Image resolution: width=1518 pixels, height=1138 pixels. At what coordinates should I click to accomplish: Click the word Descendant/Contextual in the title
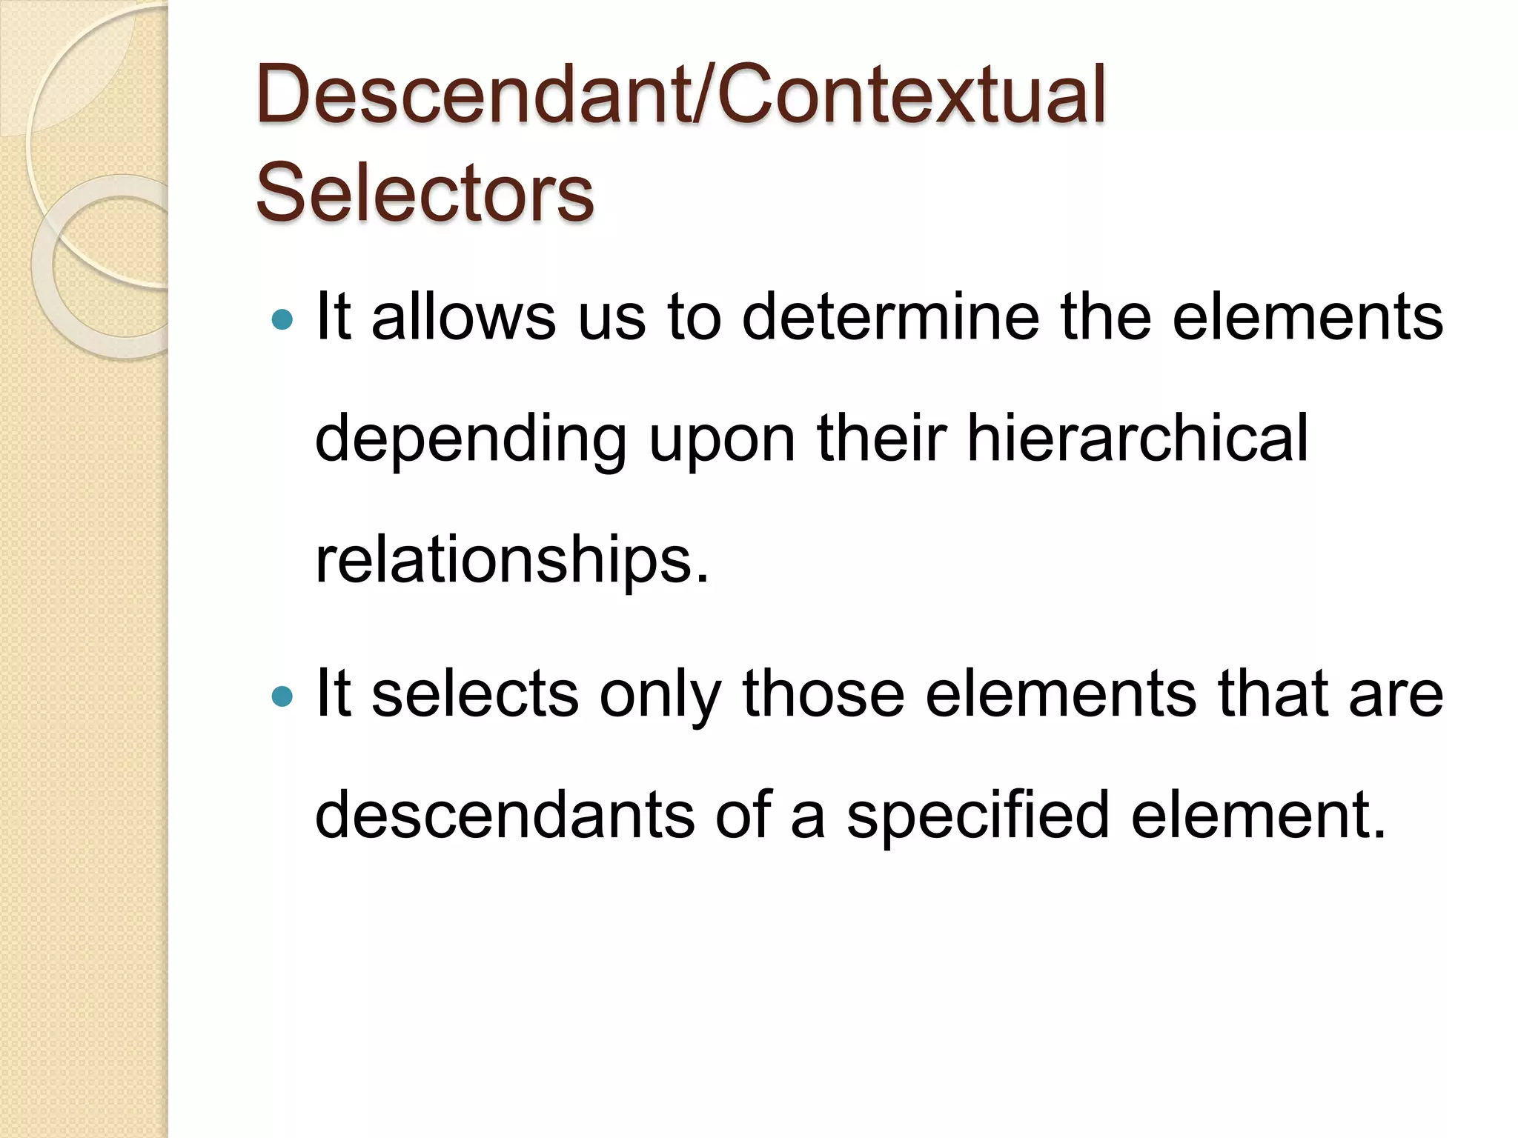pos(680,95)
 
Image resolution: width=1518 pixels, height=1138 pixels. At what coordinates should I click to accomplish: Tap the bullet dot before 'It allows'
pos(282,320)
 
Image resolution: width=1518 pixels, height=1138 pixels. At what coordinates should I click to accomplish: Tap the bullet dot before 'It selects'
pos(282,696)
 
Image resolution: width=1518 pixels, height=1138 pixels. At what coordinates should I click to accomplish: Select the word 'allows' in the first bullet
pos(463,317)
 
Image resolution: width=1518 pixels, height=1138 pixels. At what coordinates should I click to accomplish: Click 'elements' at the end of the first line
pos(1307,317)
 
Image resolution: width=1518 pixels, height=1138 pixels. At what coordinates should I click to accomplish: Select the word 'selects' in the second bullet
pos(474,694)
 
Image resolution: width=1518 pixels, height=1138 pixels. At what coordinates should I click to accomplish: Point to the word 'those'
pos(823,694)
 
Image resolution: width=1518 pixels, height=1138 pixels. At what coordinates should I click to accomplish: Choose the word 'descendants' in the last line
pos(505,815)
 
